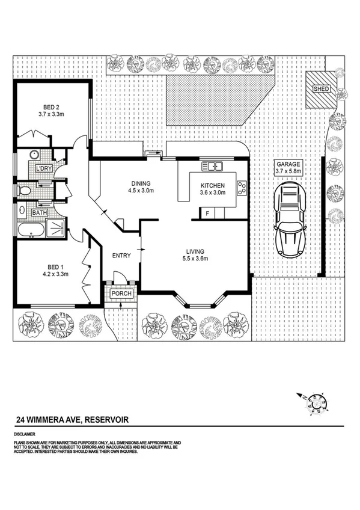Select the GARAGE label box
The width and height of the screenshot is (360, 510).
click(288, 168)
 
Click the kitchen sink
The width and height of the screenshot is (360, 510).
click(212, 165)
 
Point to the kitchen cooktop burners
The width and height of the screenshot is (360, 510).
click(242, 188)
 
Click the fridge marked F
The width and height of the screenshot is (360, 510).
click(208, 213)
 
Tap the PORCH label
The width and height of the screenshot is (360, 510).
click(121, 293)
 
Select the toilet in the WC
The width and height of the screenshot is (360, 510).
click(24, 191)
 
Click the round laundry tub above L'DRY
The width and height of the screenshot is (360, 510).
click(32, 154)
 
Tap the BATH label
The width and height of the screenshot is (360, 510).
click(40, 212)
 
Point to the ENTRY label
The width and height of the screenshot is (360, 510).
click(121, 256)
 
